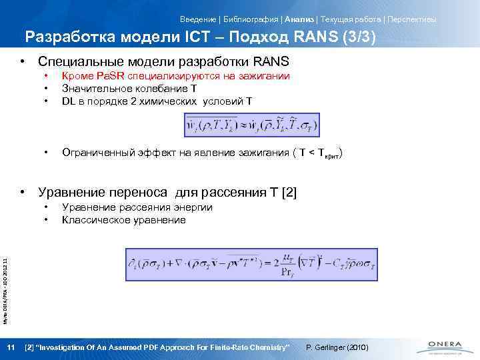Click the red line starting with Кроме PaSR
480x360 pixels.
[x=175, y=76]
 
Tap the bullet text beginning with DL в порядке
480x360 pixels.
[x=157, y=101]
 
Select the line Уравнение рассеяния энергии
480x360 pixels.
[x=137, y=207]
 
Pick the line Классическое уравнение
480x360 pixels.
[x=123, y=220]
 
